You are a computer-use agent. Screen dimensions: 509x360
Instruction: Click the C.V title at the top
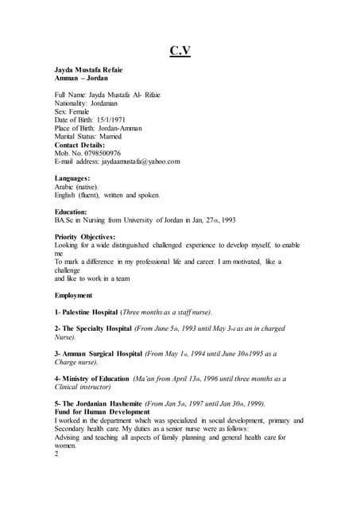(180, 52)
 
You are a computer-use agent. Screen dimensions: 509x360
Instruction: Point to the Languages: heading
(72, 178)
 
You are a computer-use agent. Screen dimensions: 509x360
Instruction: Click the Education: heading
(71, 212)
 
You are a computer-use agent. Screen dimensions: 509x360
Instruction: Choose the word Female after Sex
(82, 111)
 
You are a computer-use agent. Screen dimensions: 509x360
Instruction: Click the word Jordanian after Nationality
(113, 103)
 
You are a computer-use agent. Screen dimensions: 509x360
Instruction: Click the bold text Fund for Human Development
(102, 412)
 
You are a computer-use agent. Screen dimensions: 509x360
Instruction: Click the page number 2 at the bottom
(56, 455)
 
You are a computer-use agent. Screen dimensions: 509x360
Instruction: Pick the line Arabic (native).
(76, 186)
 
